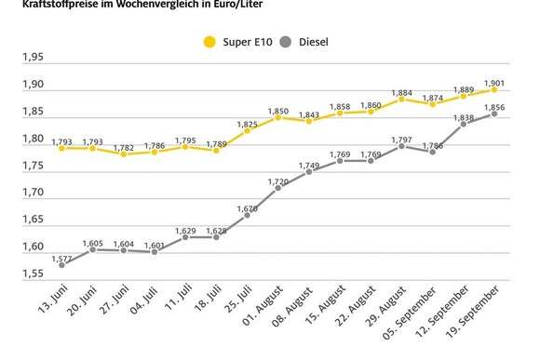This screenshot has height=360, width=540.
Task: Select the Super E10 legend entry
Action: (236, 41)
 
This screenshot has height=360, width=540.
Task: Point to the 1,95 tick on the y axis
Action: (33, 58)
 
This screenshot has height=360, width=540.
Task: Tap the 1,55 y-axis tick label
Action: (33, 273)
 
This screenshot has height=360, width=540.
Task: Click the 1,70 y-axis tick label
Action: (33, 193)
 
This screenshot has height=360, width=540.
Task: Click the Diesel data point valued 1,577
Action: (61, 265)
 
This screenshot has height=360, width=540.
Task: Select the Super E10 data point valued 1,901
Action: (493, 89)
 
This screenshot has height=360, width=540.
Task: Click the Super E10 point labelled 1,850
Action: (277, 117)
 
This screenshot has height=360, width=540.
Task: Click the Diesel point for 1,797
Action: (401, 146)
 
